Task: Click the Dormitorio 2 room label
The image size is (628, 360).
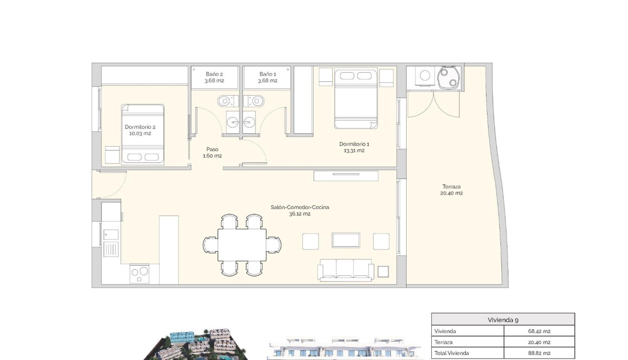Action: [x=140, y=127]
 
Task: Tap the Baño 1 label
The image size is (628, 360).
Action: [x=267, y=74]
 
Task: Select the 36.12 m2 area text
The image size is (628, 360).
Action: [x=299, y=214]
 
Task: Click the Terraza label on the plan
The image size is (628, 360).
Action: [x=451, y=187]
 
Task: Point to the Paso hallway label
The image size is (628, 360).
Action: [x=212, y=149]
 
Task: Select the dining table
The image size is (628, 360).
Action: [x=242, y=245]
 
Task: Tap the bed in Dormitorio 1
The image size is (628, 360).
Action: [x=356, y=99]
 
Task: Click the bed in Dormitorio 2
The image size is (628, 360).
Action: [x=142, y=134]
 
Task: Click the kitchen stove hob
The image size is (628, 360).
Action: [x=140, y=272]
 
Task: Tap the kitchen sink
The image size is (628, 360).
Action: [x=111, y=249]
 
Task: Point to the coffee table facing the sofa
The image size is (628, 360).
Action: [x=346, y=240]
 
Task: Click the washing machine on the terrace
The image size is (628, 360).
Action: [x=425, y=76]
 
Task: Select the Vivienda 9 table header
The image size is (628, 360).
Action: [x=503, y=320]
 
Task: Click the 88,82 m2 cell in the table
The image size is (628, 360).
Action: [x=539, y=353]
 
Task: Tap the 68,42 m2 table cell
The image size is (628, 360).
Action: [x=539, y=331]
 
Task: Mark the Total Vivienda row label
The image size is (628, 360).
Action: [x=451, y=353]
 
